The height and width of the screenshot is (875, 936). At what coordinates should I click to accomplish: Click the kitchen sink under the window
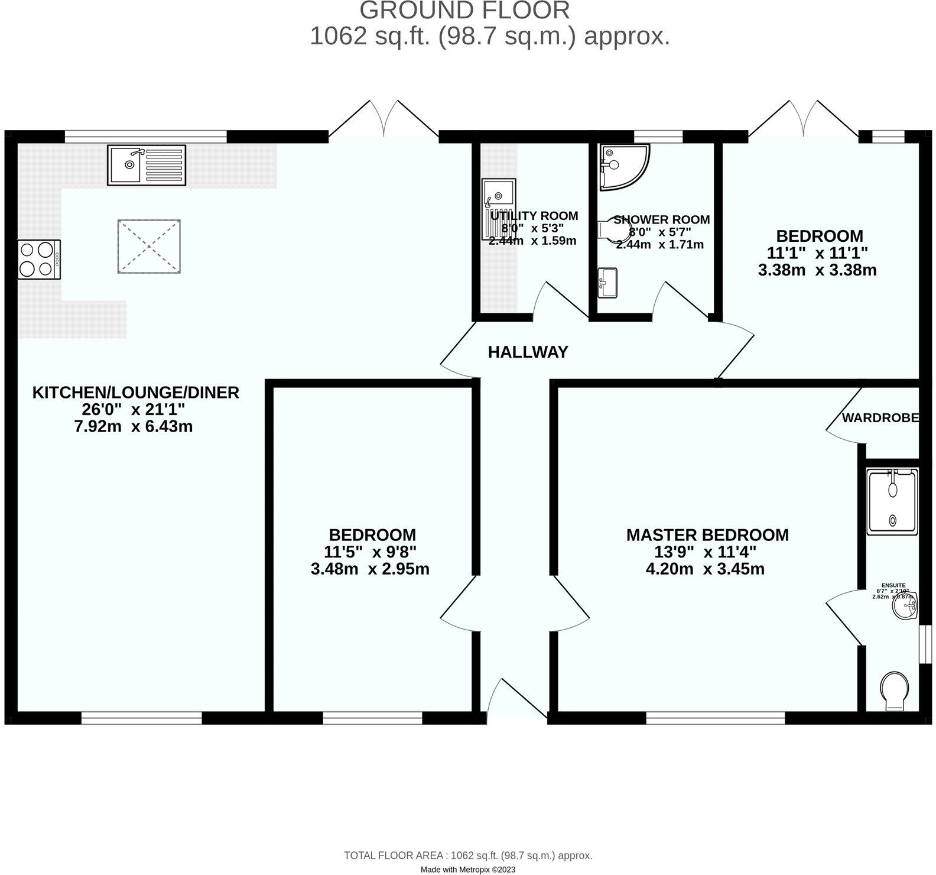pos(147,164)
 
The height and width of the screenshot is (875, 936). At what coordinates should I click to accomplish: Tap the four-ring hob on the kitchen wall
pos(39,260)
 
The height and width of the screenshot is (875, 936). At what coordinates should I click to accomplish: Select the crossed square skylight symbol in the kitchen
pos(149,247)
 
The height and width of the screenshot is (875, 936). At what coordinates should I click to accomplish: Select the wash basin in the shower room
pos(608,282)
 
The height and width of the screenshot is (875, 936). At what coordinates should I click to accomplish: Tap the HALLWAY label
pos(528,352)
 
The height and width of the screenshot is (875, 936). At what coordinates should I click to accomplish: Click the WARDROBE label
pos(880,418)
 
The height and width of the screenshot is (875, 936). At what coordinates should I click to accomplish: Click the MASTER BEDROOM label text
pos(707,535)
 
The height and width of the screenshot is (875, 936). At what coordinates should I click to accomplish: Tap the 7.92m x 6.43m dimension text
pos(134,426)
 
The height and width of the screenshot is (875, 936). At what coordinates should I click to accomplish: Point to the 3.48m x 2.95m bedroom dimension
pos(370,569)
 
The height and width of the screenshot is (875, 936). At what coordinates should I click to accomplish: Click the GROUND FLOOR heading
pos(464,11)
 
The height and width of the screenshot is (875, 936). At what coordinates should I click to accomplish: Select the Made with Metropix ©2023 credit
pos(468,870)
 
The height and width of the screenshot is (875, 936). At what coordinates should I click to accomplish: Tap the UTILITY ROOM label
pos(534,216)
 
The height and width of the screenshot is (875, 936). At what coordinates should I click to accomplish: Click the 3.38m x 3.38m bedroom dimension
pos(817,271)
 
